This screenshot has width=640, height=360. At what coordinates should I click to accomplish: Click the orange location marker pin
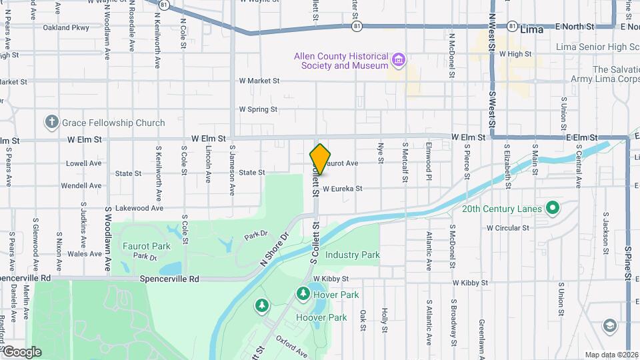tap(320, 159)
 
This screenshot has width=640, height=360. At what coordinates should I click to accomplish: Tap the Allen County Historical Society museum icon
tap(399, 61)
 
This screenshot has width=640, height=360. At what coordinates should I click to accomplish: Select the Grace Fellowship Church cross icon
tap(51, 122)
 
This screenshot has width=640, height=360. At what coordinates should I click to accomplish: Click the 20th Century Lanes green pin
tap(552, 209)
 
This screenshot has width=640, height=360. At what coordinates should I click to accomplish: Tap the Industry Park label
tap(352, 255)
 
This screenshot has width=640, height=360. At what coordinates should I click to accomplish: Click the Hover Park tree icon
tap(303, 294)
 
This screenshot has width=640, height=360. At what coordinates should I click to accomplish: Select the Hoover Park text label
tap(322, 318)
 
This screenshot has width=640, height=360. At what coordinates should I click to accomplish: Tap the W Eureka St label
tap(342, 189)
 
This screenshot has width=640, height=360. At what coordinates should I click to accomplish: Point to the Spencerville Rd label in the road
tap(169, 279)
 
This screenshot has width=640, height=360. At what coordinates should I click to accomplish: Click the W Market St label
tap(259, 81)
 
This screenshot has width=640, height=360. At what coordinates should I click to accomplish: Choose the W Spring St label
tap(258, 109)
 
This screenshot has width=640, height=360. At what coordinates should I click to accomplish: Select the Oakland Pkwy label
tap(65, 28)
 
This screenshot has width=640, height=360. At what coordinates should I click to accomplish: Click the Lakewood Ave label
tap(139, 208)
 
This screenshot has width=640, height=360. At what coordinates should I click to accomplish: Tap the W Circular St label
tap(507, 227)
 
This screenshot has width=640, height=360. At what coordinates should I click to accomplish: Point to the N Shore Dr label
tap(274, 249)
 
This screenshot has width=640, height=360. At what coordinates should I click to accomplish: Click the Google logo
tap(21, 351)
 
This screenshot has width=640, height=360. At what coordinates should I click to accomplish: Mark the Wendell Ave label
tap(81, 185)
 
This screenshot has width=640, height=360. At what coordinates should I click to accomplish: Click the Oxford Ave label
tap(291, 346)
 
